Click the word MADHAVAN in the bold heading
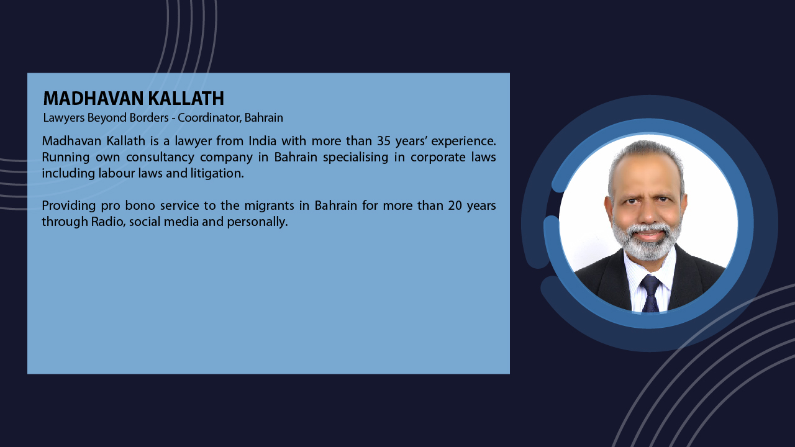(93, 98)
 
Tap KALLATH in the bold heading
(186, 98)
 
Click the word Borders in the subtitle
(149, 117)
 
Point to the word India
(262, 141)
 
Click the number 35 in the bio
(384, 141)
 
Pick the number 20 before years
(455, 205)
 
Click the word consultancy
(160, 158)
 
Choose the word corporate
(438, 158)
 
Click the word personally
(257, 222)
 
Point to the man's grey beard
(647, 242)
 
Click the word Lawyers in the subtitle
(64, 118)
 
